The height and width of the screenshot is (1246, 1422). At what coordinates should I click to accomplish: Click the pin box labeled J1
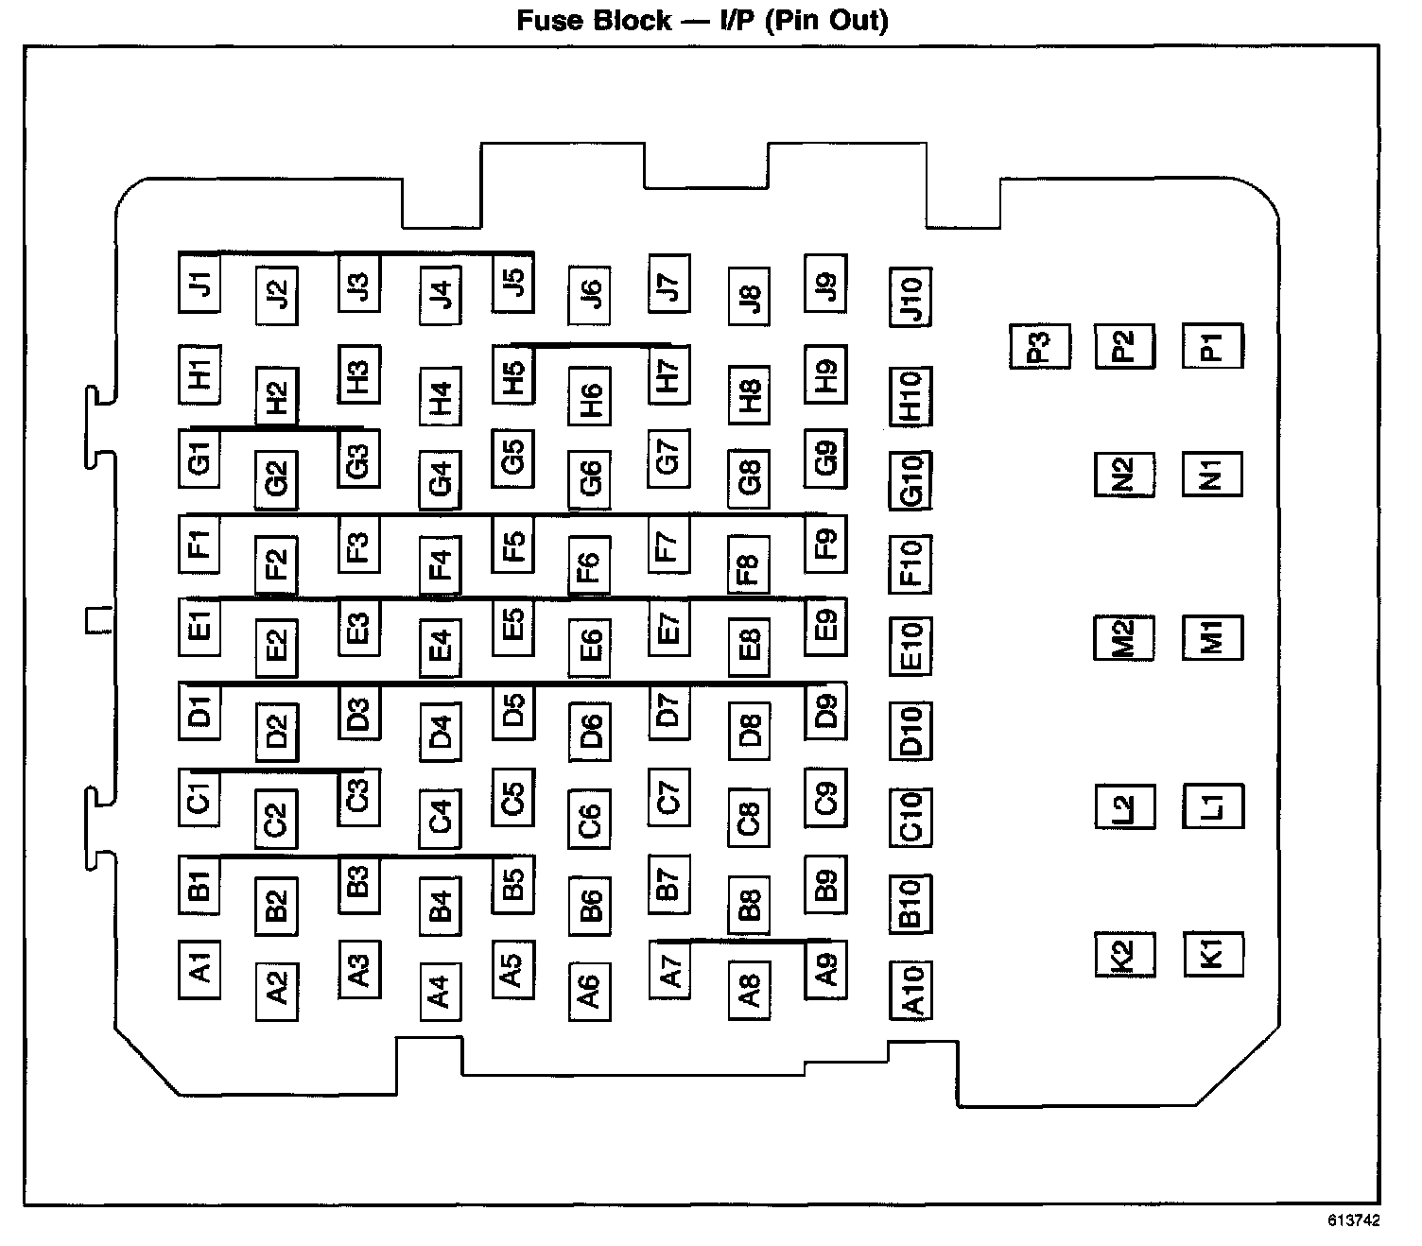199,282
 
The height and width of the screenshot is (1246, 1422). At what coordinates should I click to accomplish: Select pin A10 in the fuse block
910,990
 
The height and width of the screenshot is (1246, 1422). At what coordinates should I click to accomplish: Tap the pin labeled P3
1039,346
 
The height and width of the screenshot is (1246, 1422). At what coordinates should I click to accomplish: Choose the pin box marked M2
1124,637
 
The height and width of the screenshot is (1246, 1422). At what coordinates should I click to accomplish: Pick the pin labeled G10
910,479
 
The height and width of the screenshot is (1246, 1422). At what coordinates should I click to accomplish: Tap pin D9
825,710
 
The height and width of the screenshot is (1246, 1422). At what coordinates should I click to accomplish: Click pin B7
668,883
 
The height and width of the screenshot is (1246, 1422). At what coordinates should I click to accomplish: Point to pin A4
440,990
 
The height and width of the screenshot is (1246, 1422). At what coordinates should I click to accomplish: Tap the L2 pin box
1124,806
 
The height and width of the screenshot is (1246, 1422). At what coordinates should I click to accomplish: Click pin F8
749,564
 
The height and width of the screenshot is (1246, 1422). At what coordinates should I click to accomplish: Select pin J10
910,297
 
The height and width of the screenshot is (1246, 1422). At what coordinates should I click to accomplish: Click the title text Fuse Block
594,21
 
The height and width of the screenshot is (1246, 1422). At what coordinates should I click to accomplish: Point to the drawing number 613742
1352,1220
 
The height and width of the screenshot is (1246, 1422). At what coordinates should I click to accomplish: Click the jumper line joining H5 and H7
590,346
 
